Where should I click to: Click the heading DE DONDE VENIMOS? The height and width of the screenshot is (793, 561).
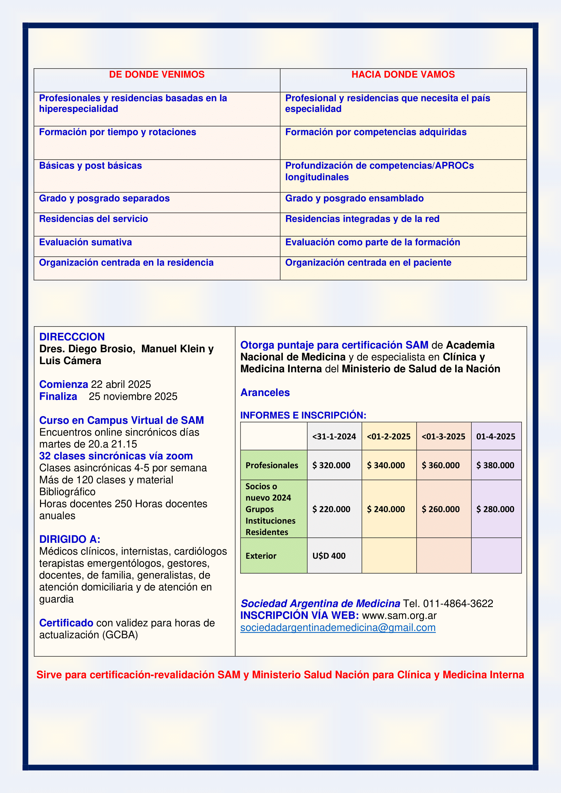[x=156, y=75]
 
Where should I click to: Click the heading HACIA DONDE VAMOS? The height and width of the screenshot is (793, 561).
[x=403, y=75]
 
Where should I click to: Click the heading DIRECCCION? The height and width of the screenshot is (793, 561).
[x=72, y=337]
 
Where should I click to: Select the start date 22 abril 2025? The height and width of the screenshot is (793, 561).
[x=121, y=384]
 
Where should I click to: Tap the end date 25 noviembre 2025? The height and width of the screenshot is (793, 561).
[x=133, y=397]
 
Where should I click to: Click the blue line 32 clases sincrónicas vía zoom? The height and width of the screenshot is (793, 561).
[x=116, y=456]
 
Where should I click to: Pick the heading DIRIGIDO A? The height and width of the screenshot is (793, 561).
[x=70, y=539]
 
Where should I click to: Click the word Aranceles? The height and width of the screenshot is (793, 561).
[x=265, y=392]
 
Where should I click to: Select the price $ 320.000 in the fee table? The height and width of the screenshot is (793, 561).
[x=331, y=465]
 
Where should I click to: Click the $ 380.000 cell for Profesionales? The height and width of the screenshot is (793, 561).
[x=495, y=465]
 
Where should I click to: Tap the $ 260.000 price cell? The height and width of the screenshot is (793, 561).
[x=441, y=509]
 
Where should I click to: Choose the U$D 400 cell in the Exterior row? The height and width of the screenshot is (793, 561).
[x=329, y=556]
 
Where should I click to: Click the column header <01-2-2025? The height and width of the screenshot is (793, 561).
[x=388, y=437]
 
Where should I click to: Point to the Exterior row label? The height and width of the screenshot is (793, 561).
[x=261, y=556]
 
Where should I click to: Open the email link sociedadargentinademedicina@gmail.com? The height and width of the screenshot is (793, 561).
[x=337, y=628]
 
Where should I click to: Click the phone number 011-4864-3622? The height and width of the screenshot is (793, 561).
[x=458, y=603]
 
